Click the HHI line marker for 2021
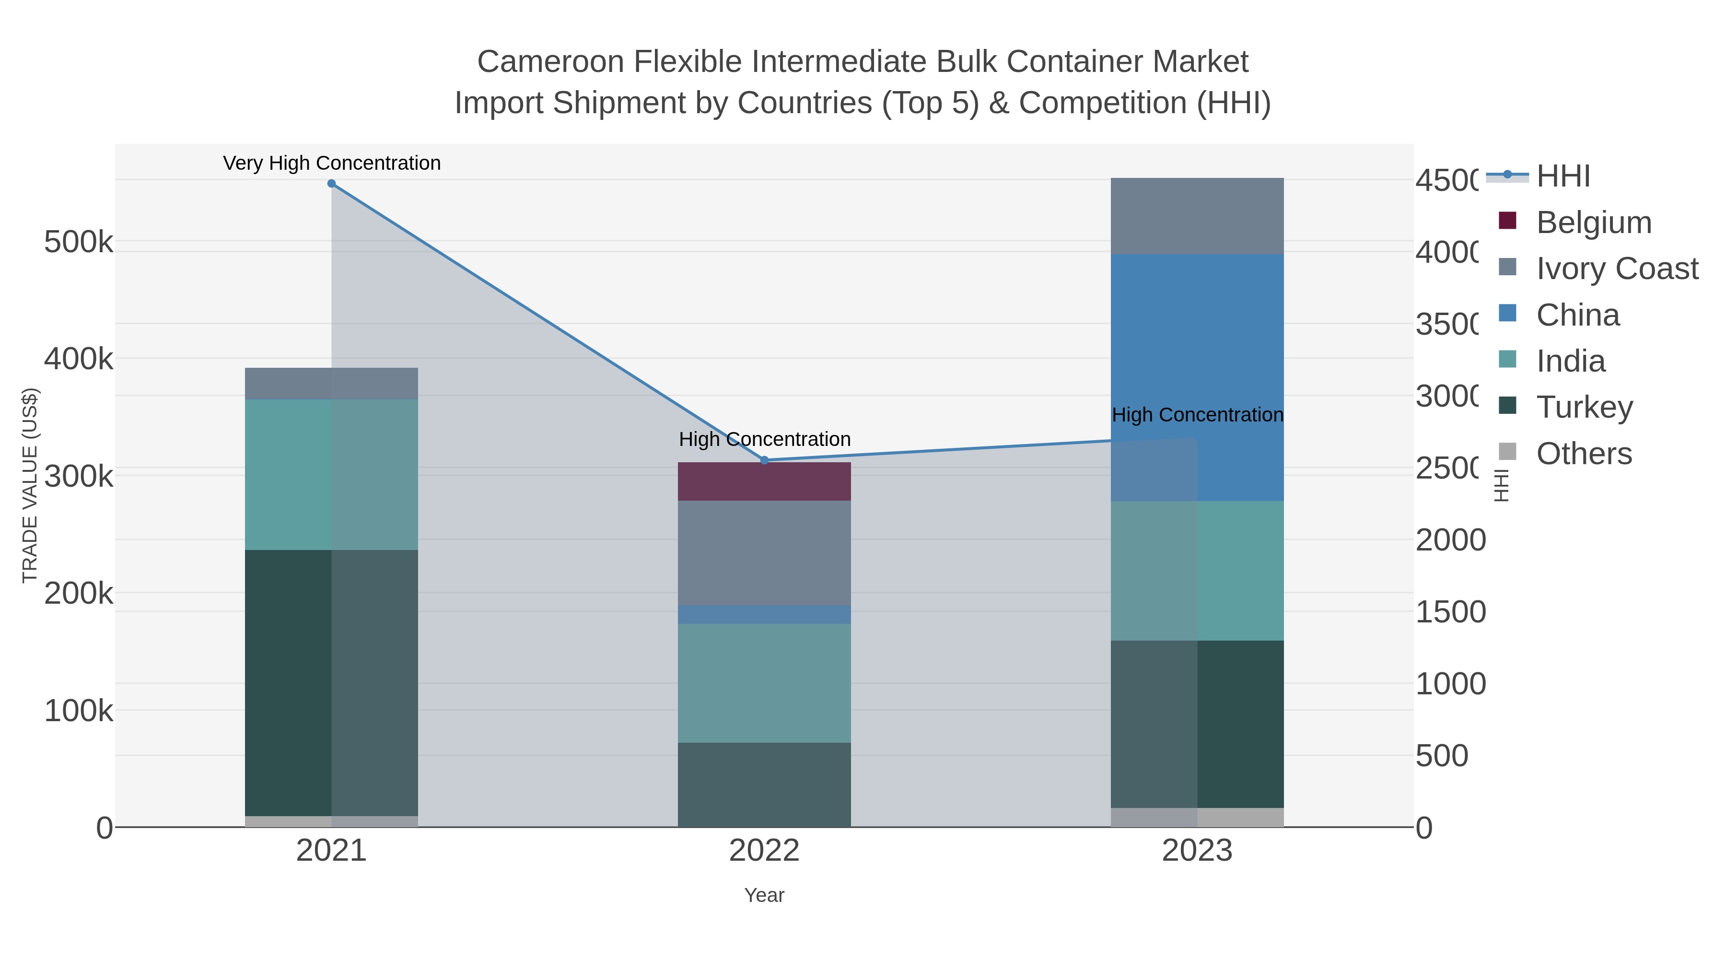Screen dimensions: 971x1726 tap(331, 184)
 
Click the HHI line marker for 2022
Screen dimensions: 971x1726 tap(765, 460)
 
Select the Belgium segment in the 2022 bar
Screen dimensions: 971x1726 tap(765, 481)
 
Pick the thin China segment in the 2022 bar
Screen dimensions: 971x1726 tap(765, 615)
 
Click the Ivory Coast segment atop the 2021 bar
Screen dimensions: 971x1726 tap(331, 383)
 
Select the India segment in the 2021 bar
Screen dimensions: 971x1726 tap(331, 474)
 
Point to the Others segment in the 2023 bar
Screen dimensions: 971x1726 tap(1197, 817)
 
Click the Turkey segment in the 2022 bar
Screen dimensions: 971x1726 tap(765, 784)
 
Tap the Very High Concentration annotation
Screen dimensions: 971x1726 tap(332, 163)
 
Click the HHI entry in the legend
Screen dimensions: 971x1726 tap(1563, 176)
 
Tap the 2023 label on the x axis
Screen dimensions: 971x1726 tap(1197, 851)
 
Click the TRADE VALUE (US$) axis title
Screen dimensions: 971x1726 tap(30, 485)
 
